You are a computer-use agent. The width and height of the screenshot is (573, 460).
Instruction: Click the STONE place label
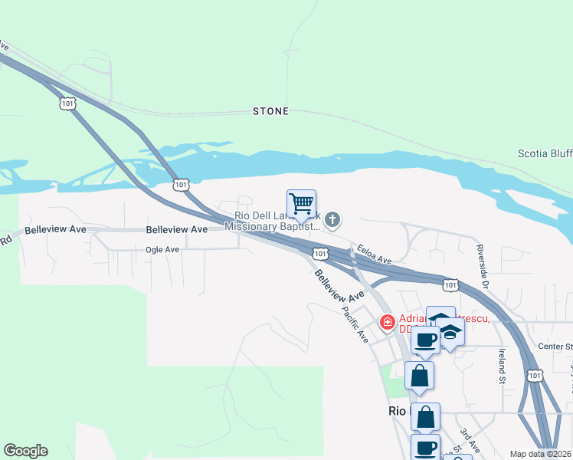tap(271, 111)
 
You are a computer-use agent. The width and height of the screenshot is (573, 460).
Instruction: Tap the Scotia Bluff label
tap(545, 153)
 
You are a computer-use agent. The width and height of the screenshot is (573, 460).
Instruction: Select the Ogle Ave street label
tap(162, 249)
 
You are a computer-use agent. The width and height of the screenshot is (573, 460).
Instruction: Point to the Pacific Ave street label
tap(357, 324)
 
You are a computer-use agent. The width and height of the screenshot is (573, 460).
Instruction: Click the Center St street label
tap(555, 347)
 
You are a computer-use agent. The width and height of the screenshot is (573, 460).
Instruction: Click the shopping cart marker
tap(302, 204)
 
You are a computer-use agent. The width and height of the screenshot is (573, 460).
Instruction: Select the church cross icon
tap(332, 221)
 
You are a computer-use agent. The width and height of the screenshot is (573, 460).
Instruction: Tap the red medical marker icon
tap(388, 320)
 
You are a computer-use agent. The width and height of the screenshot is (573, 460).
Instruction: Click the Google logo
tap(25, 451)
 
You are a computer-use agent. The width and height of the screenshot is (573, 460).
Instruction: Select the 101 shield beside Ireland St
tap(535, 374)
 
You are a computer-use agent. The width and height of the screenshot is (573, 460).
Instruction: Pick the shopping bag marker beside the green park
tap(419, 376)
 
